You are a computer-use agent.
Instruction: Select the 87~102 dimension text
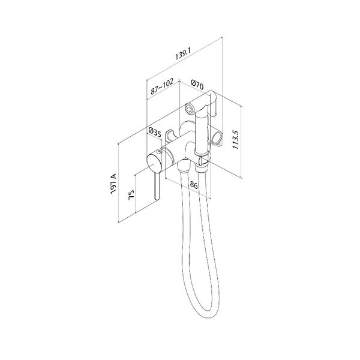tap(162, 86)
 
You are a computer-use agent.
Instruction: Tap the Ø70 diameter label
tap(197, 85)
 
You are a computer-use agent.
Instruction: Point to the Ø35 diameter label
tap(155, 132)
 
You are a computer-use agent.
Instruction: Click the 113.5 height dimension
tap(236, 140)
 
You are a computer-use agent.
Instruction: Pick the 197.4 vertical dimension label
tap(113, 184)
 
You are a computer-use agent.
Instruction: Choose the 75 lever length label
tap(131, 195)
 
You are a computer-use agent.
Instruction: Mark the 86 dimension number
tap(194, 185)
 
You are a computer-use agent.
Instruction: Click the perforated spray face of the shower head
tap(189, 109)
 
